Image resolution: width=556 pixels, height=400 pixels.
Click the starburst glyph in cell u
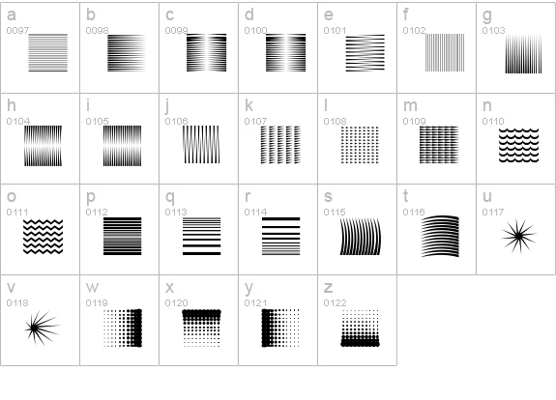point(518,236)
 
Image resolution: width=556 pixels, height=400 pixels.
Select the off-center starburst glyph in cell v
point(34,329)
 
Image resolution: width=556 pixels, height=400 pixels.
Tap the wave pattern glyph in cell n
point(518,146)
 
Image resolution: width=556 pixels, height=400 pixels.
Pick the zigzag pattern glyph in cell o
point(43,237)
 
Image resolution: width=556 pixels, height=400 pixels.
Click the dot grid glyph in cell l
point(360,145)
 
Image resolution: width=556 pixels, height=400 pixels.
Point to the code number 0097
point(17,31)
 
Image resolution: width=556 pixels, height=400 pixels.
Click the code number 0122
point(335,303)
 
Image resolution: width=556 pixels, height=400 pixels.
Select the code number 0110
point(493,121)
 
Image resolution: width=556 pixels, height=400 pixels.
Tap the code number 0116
point(414,213)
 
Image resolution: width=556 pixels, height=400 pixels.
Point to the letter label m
point(410,106)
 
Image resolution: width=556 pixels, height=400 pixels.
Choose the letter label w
point(92,288)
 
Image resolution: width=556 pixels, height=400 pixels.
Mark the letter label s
point(328,197)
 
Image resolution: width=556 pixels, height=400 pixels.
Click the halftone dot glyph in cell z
point(360,329)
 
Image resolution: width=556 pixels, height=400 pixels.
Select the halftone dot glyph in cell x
point(201,329)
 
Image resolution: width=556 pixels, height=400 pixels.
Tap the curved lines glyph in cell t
point(440,236)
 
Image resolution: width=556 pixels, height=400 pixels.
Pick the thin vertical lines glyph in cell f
point(445,53)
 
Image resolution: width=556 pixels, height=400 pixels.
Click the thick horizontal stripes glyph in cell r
point(280,237)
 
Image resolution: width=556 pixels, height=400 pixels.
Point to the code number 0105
point(97,121)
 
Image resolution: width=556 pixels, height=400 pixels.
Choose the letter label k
point(249,105)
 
